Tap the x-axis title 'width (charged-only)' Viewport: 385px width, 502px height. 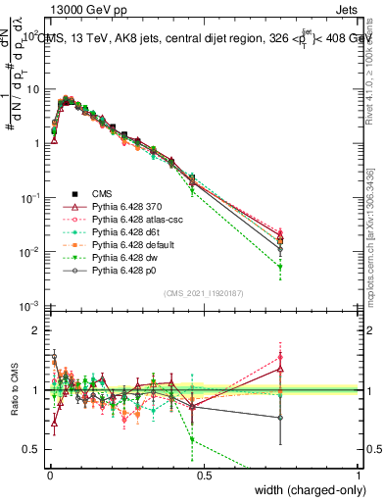(308, 491)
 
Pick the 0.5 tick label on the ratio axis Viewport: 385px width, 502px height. (32, 449)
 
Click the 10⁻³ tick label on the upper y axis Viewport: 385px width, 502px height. (30, 307)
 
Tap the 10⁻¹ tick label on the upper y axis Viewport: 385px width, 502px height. (30, 198)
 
